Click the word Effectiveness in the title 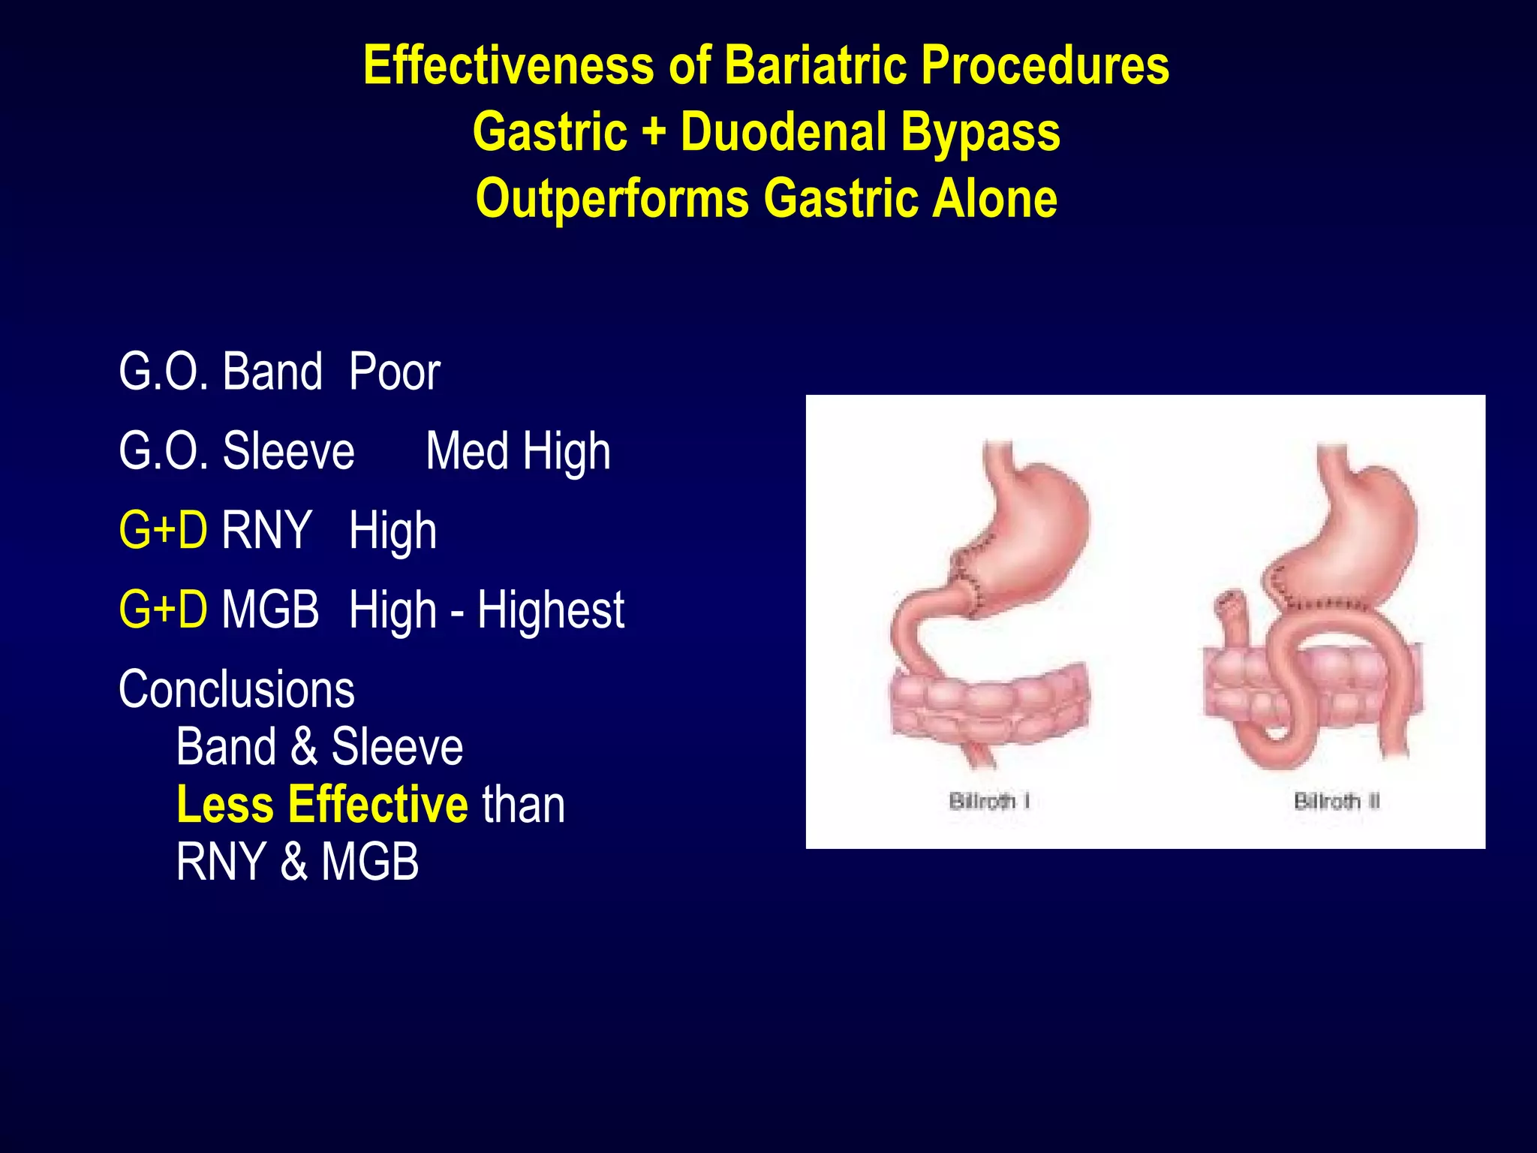coord(508,65)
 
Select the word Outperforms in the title coord(612,199)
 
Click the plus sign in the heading coord(654,132)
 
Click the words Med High coord(518,451)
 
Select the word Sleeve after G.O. coord(288,451)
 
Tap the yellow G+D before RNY coord(163,530)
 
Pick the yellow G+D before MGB coord(163,609)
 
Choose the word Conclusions coord(236,689)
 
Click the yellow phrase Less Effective coord(322,804)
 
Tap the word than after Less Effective coord(523,804)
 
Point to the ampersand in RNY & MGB coord(293,861)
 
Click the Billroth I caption coord(988,801)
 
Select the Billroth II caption coord(1337,801)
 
